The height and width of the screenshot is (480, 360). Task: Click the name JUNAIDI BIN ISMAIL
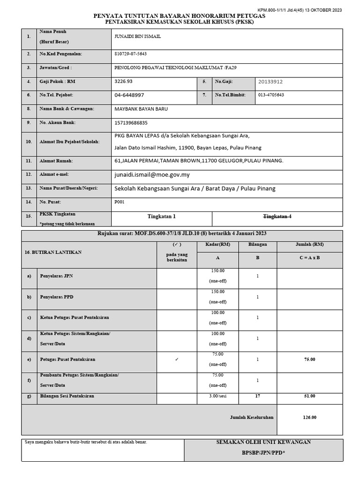click(x=137, y=37)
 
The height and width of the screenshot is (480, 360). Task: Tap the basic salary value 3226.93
click(x=124, y=81)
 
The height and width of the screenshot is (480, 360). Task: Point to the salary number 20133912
click(x=270, y=82)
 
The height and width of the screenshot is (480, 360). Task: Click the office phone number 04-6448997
click(x=129, y=95)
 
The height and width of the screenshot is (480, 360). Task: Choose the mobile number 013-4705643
click(x=271, y=95)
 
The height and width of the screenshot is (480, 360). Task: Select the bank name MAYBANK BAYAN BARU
click(x=141, y=109)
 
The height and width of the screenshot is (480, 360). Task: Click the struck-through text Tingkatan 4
click(x=277, y=216)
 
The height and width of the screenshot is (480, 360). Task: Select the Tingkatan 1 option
click(x=161, y=217)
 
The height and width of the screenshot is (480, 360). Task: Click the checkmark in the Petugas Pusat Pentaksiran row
click(x=176, y=359)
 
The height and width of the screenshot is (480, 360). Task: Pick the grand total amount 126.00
click(x=309, y=417)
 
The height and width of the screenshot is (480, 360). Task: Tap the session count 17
click(x=257, y=396)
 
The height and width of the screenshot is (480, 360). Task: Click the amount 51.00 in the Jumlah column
click(x=309, y=396)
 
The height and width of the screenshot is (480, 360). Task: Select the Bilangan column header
click(x=257, y=244)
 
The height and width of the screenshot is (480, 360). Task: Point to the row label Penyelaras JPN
click(x=57, y=276)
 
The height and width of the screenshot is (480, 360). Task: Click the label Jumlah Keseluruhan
click(x=251, y=417)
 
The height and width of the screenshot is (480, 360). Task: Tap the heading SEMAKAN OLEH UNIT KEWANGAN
click(x=263, y=442)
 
